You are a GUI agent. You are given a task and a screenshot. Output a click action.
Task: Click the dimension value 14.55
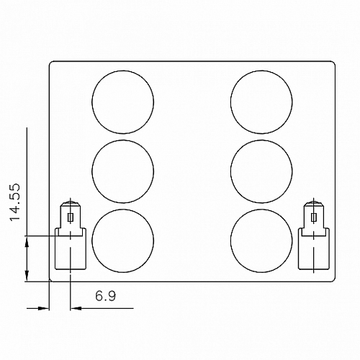tap(14, 202)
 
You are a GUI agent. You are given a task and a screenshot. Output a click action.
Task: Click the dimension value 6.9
tap(106, 296)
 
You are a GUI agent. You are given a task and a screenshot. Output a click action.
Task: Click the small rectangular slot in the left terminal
tap(71, 217)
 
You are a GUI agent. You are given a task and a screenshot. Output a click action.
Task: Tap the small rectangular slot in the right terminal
tap(313, 217)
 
